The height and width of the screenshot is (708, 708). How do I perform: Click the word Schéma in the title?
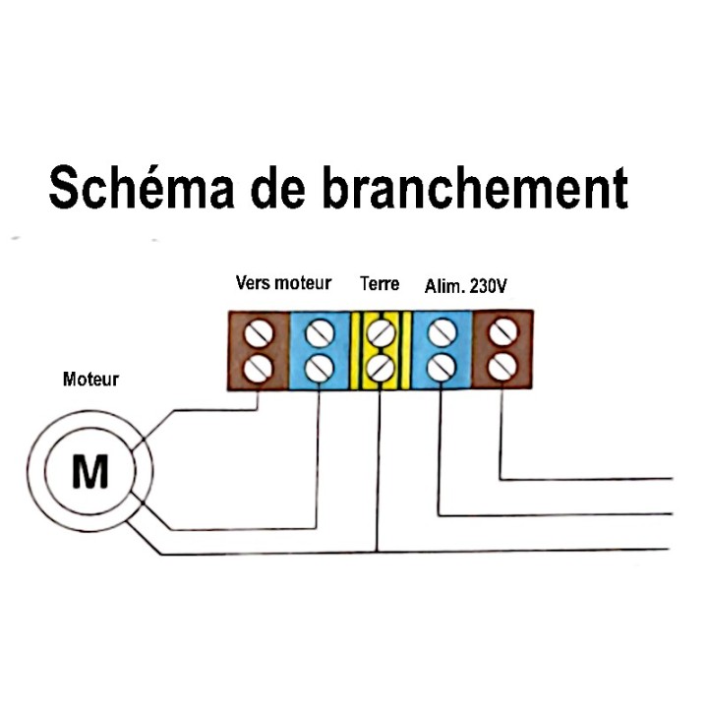tap(142, 187)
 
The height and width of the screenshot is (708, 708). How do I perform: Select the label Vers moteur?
tap(283, 283)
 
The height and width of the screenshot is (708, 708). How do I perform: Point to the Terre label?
tap(380, 284)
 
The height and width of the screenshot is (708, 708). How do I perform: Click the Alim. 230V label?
tap(465, 286)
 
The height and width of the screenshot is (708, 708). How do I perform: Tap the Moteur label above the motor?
tap(90, 380)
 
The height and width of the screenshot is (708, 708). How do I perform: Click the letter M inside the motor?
tap(90, 471)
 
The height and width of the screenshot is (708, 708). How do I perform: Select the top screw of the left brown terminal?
tap(259, 333)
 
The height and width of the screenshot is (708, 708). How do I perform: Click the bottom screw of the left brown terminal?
tap(259, 368)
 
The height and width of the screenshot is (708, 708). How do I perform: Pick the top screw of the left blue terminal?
tap(320, 333)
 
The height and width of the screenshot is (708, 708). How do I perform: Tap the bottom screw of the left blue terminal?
tap(320, 368)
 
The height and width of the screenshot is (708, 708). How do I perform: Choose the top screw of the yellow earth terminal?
tap(382, 332)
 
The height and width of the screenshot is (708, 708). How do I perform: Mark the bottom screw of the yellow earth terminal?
tap(381, 367)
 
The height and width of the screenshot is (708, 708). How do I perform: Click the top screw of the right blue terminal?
tap(442, 332)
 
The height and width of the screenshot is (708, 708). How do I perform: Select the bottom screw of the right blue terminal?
tap(442, 366)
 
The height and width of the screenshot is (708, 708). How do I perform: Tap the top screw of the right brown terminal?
tap(503, 332)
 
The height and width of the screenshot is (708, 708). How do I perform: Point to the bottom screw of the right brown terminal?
tap(502, 366)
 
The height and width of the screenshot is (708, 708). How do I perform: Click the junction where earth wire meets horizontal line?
tap(378, 552)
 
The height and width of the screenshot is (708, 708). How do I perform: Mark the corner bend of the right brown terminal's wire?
tap(501, 479)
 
